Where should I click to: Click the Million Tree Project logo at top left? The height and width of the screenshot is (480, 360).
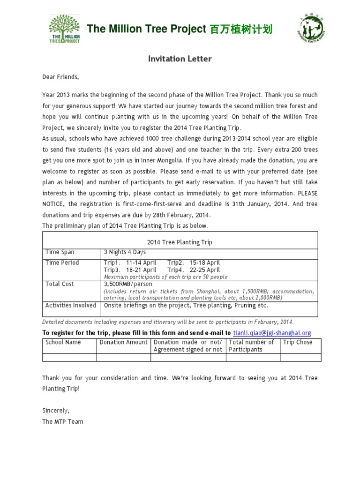pyautogui.click(x=65, y=29)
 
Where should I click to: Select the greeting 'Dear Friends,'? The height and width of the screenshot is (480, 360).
pyautogui.click(x=61, y=77)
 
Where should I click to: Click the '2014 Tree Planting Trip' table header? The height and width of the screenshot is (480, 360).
pyautogui.click(x=180, y=242)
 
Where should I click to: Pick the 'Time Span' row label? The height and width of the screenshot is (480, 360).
pyautogui.click(x=60, y=252)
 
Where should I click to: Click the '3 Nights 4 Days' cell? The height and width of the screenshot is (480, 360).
pyautogui.click(x=125, y=252)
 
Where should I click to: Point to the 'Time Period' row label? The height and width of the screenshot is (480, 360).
pyautogui.click(x=62, y=262)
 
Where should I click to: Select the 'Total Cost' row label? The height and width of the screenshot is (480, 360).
pyautogui.click(x=60, y=284)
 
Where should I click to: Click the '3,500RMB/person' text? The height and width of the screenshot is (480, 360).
pyautogui.click(x=125, y=284)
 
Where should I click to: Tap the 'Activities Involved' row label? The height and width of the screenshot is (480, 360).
pyautogui.click(x=70, y=305)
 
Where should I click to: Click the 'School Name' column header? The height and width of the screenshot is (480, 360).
pyautogui.click(x=63, y=342)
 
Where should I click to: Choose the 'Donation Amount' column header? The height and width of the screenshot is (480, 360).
pyautogui.click(x=123, y=342)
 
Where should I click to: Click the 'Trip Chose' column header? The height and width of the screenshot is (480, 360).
pyautogui.click(x=298, y=342)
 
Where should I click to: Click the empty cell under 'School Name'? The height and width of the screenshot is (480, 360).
pyautogui.click(x=69, y=358)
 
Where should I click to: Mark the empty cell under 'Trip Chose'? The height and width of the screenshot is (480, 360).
pyautogui.click(x=300, y=358)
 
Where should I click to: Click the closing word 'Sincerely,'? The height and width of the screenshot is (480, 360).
pyautogui.click(x=55, y=410)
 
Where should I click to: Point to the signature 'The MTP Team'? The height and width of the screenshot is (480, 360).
pyautogui.click(x=62, y=421)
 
